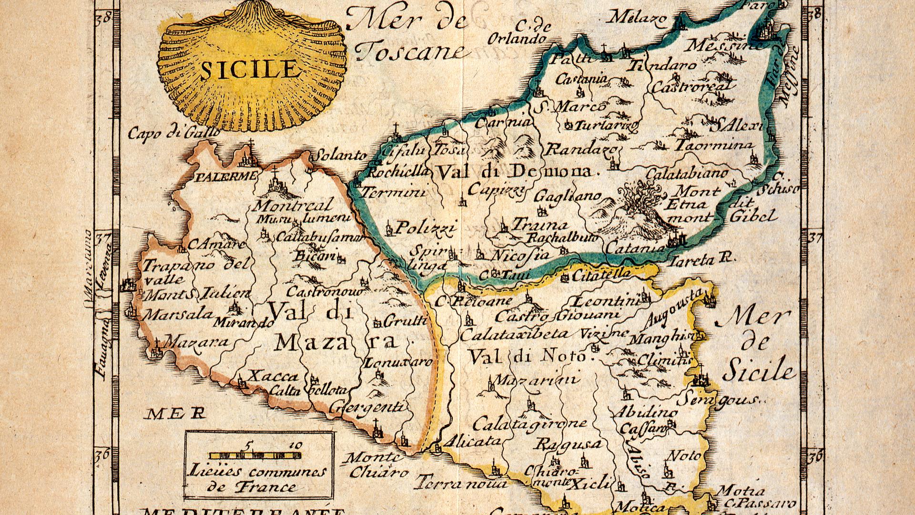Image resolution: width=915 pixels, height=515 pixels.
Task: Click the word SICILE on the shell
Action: tap(248, 70)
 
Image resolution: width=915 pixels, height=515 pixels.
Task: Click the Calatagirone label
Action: tap(529, 423)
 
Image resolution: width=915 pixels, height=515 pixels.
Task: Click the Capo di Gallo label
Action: tap(173, 133)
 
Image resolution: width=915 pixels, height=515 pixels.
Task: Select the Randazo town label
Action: tap(580, 150)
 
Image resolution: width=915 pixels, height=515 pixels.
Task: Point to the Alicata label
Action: tap(472, 442)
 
